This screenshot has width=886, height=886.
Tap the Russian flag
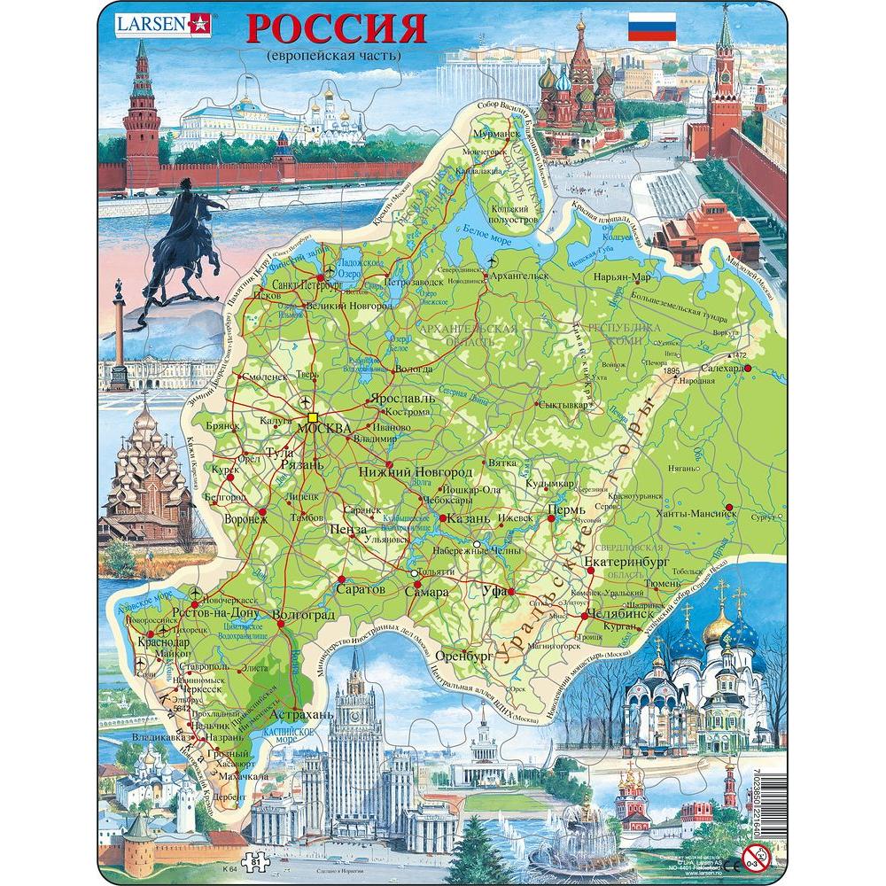coord(652,27)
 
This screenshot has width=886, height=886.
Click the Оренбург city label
coord(461,657)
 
